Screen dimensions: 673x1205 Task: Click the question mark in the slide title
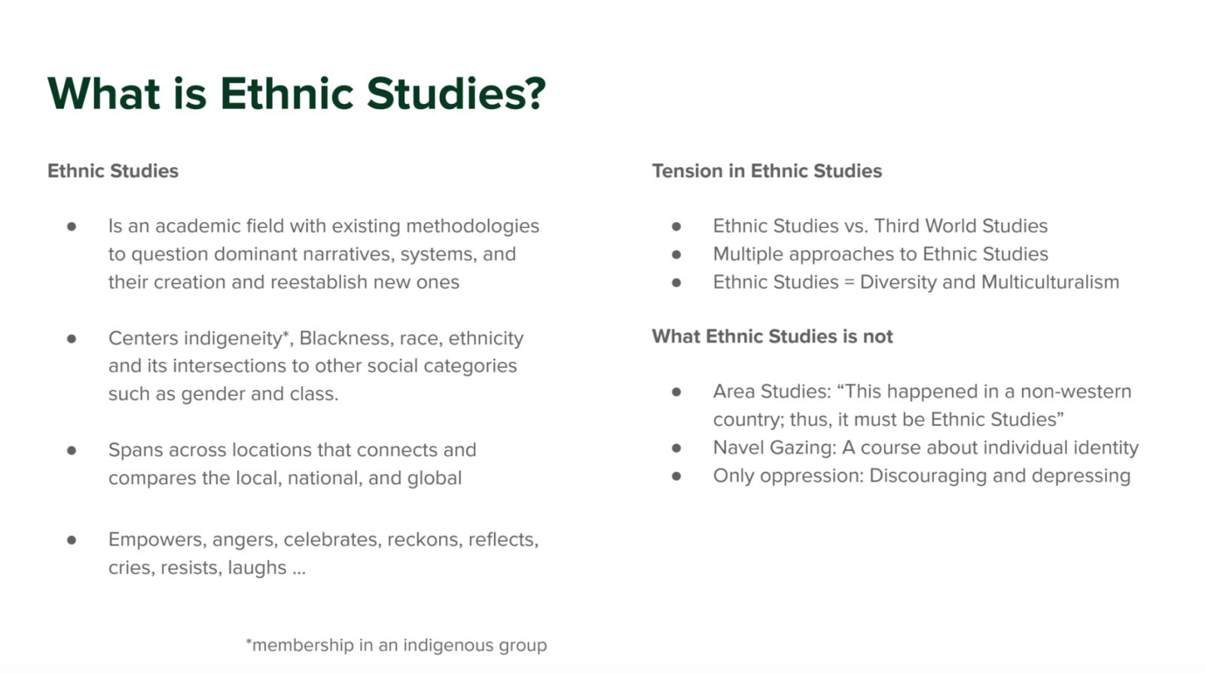pos(533,93)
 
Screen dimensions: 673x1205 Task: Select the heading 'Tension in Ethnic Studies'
pos(766,171)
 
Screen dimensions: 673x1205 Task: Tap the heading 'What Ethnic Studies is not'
pos(772,336)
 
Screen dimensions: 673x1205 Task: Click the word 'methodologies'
pos(472,226)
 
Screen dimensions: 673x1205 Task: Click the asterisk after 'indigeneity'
pos(286,334)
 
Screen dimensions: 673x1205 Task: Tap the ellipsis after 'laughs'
pos(299,569)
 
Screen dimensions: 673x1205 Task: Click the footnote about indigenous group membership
pos(396,645)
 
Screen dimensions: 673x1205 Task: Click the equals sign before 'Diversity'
pos(849,282)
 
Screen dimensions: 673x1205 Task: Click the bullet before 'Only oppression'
pos(676,476)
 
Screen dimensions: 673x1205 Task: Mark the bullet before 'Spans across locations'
pos(72,450)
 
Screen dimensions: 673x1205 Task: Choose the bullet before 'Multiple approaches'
pos(676,254)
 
